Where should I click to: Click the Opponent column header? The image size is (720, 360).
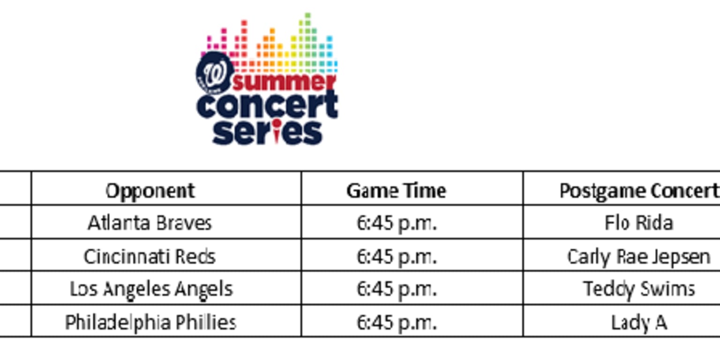tap(150, 191)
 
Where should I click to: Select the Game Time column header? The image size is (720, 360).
tap(396, 191)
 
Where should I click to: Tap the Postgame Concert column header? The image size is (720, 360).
tap(638, 191)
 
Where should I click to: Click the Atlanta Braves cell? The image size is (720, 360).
tap(150, 223)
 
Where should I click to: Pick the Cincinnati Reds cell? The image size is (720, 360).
tap(150, 256)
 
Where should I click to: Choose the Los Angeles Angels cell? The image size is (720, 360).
tap(151, 289)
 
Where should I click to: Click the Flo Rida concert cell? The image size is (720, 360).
tap(638, 223)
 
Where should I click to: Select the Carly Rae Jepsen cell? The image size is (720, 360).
tap(638, 256)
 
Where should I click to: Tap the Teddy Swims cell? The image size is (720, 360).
tap(638, 289)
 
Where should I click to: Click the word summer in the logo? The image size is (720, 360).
tap(284, 82)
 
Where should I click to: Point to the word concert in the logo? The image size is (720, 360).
tap(267, 106)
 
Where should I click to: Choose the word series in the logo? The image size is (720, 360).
tap(267, 133)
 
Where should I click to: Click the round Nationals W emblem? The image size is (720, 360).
tap(215, 73)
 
